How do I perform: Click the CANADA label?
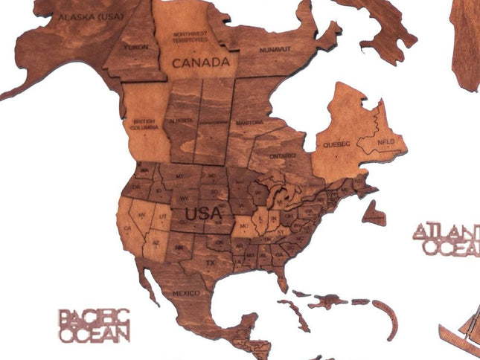pyautogui.click(x=201, y=62)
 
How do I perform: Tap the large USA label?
pyautogui.click(x=203, y=213)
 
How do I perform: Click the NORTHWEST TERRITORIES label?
pyautogui.click(x=190, y=35)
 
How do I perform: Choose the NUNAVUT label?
pyautogui.click(x=276, y=49)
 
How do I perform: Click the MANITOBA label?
pyautogui.click(x=249, y=121)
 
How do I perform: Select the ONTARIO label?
pyautogui.click(x=284, y=156)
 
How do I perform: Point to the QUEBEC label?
pyautogui.click(x=332, y=144)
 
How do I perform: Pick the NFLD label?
pyautogui.click(x=385, y=141)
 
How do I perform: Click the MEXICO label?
pyautogui.click(x=186, y=294)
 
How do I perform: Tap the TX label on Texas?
pyautogui.click(x=211, y=263)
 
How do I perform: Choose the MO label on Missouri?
pyautogui.click(x=243, y=223)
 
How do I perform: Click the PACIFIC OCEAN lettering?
pyautogui.click(x=95, y=326)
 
